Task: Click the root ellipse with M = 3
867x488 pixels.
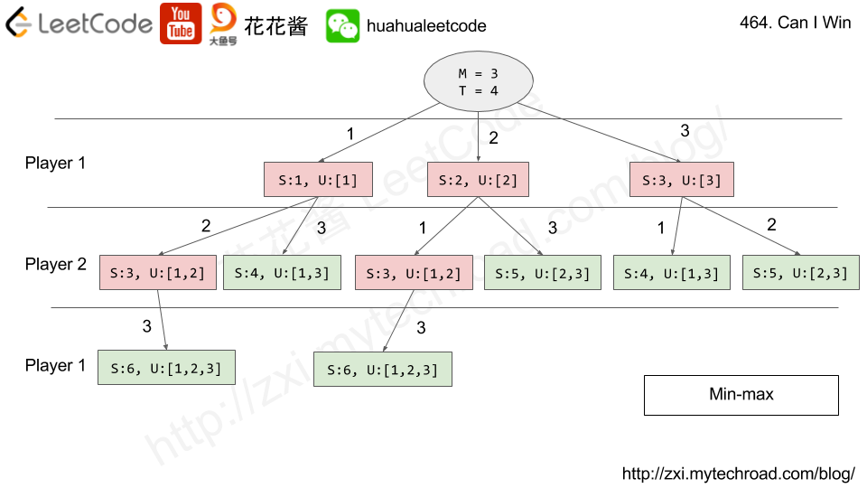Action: (x=478, y=82)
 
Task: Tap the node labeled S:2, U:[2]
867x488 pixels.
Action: (x=477, y=180)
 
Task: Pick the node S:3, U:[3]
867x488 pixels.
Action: (x=681, y=180)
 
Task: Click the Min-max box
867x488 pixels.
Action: (x=741, y=395)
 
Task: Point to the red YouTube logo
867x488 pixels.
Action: (x=181, y=23)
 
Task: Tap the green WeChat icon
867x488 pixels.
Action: (x=342, y=26)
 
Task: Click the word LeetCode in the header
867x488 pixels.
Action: (x=95, y=23)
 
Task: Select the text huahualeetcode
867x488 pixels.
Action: (x=426, y=26)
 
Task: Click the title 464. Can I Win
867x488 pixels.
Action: (x=795, y=23)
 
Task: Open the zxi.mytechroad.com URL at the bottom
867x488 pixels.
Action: (x=738, y=474)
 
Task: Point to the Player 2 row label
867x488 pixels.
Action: (x=56, y=265)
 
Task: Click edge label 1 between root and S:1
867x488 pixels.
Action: (x=350, y=134)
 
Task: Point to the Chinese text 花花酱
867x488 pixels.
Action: (x=275, y=26)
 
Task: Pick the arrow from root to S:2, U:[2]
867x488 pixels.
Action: (x=478, y=136)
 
